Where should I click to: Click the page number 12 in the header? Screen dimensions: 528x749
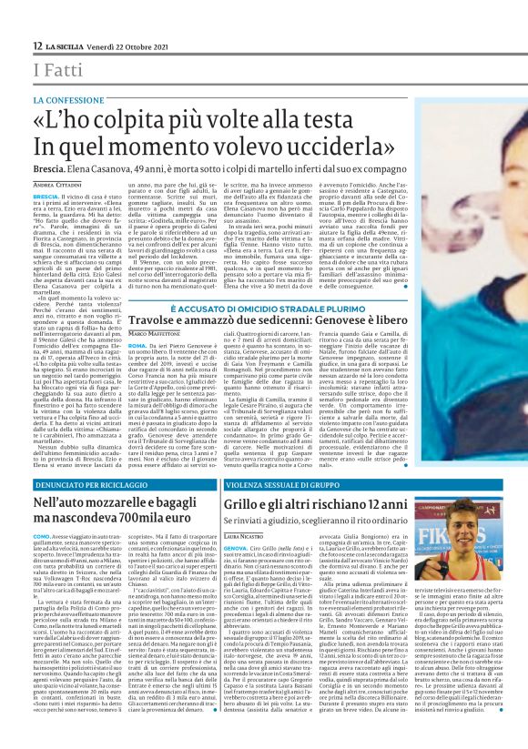tap(36, 46)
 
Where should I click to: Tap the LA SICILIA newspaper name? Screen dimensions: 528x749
tap(69, 46)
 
